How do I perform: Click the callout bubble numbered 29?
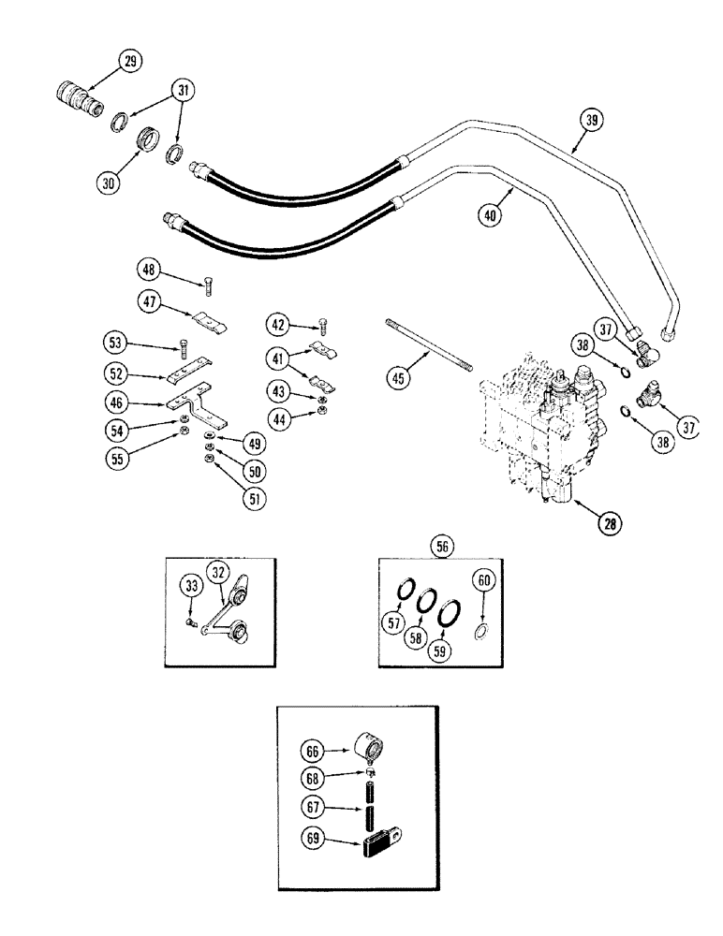pyautogui.click(x=129, y=62)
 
